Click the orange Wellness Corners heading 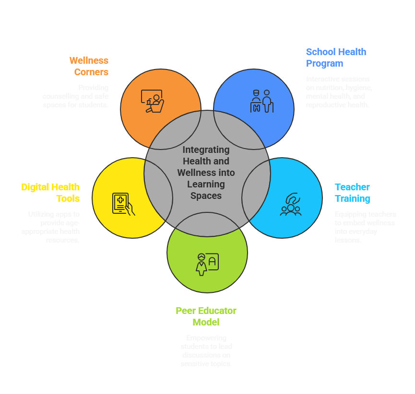[89, 66]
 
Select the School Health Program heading [336, 58]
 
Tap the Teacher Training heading [352, 193]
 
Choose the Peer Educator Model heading [206, 316]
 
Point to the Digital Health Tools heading [50, 193]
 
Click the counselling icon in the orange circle [152, 101]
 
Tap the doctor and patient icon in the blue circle [262, 101]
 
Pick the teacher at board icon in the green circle [207, 264]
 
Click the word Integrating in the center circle [206, 150]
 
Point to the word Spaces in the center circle [206, 196]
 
